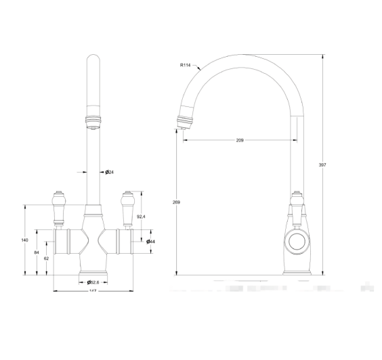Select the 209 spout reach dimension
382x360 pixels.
click(x=239, y=140)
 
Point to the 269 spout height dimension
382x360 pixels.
click(x=176, y=202)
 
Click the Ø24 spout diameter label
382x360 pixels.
click(x=108, y=172)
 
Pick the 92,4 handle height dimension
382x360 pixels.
click(x=141, y=217)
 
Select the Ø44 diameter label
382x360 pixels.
click(x=150, y=242)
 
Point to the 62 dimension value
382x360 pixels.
click(x=46, y=258)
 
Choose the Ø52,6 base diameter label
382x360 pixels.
click(x=93, y=282)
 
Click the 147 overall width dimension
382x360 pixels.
click(x=93, y=292)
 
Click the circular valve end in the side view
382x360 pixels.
click(x=295, y=240)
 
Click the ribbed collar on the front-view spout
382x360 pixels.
click(x=93, y=122)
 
